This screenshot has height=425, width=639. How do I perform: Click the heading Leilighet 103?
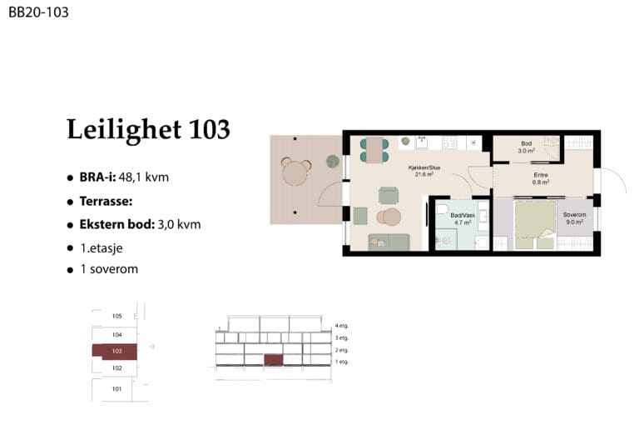148,129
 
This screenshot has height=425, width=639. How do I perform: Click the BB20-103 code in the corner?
38,12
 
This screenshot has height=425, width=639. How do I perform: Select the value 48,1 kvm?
144,177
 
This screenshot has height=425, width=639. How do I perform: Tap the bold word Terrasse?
106,202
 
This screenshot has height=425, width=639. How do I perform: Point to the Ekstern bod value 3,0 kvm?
179,224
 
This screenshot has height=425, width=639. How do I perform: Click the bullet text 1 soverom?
109,269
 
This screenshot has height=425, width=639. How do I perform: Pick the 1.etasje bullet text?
102,248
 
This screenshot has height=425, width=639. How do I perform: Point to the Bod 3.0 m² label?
526,147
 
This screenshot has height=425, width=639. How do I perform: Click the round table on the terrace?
296,172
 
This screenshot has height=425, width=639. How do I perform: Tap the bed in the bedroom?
535,224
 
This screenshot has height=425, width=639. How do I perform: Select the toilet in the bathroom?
442,209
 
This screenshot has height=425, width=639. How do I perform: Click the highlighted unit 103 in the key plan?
115,352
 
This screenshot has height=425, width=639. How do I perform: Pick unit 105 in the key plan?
117,316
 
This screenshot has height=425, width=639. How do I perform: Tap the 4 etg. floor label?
342,326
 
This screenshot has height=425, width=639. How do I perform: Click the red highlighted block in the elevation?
274,360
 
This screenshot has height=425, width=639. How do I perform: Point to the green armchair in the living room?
389,195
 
